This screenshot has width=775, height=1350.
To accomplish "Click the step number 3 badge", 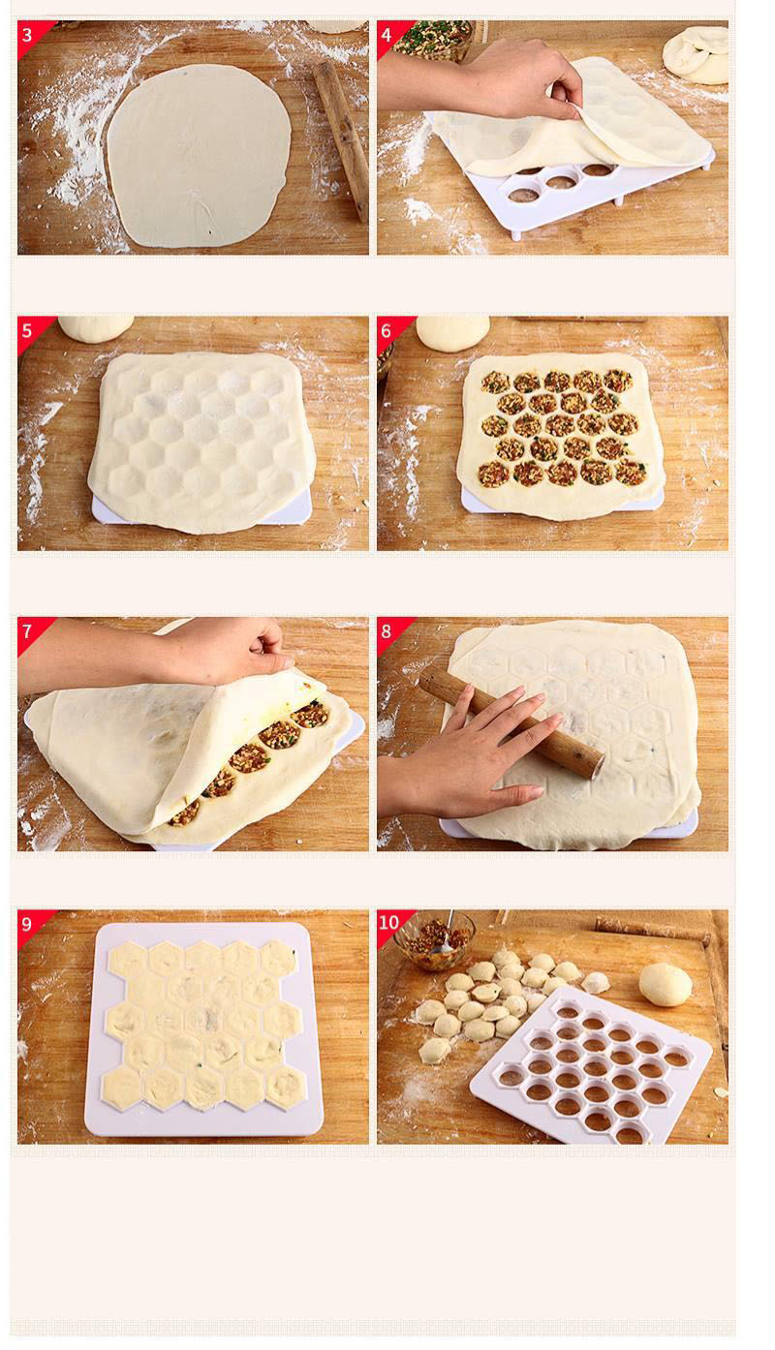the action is click(30, 36).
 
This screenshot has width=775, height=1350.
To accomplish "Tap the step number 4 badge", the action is click(389, 36).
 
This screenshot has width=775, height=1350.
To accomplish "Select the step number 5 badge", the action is click(30, 331).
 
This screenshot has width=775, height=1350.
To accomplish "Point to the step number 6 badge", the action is click(389, 331).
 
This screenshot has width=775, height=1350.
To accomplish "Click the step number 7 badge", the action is click(30, 631).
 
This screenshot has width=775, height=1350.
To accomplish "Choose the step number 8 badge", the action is click(389, 631).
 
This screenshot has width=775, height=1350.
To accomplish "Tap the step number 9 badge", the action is click(30, 925).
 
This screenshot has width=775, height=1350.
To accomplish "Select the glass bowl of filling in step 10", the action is click(435, 941).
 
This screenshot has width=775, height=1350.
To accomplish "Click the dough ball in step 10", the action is click(666, 984).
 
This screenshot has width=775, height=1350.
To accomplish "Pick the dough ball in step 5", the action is click(95, 328).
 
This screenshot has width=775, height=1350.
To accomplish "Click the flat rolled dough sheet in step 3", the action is click(199, 156).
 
